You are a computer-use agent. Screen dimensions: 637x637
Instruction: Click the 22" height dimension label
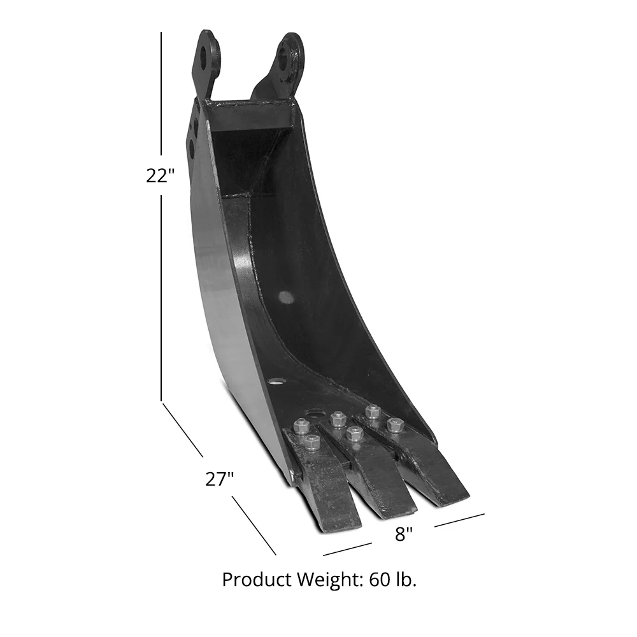point(160,175)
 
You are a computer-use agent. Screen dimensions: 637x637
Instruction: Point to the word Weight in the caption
point(328,580)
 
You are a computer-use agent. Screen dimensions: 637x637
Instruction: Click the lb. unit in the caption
point(406,580)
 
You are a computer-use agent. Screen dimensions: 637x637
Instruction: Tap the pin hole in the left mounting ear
point(205,57)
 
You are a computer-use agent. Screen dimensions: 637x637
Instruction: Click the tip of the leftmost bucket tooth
point(338,526)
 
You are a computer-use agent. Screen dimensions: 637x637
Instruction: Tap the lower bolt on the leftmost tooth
point(311,442)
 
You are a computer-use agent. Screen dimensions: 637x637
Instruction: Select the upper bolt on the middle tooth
point(338,419)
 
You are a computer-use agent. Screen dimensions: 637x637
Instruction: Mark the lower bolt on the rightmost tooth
point(395,425)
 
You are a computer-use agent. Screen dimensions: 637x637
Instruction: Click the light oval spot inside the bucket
point(287,297)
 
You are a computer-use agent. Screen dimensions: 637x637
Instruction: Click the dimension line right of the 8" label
point(459,520)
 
